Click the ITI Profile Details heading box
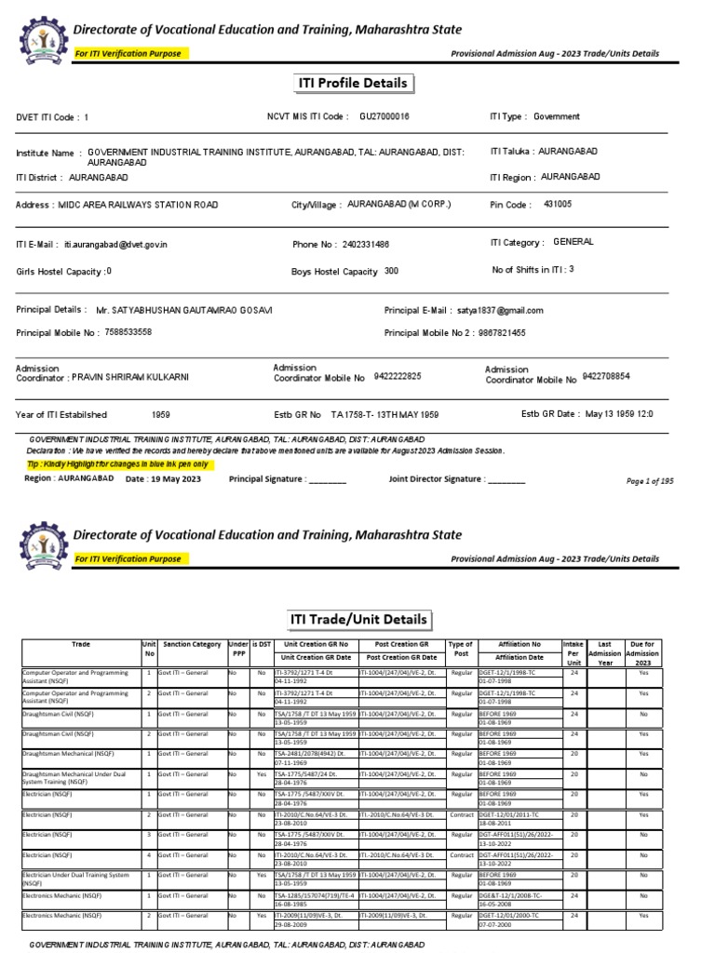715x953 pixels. tap(351, 84)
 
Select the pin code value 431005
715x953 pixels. tap(558, 204)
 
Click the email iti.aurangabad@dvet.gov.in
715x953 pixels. tap(115, 245)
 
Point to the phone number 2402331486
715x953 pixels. tap(366, 245)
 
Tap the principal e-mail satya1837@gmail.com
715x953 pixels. tap(500, 311)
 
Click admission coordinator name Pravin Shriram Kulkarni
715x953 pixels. tap(144, 379)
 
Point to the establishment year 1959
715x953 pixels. tap(161, 414)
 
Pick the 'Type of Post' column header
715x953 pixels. tap(461, 650)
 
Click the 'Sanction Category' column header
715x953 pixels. tap(192, 644)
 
